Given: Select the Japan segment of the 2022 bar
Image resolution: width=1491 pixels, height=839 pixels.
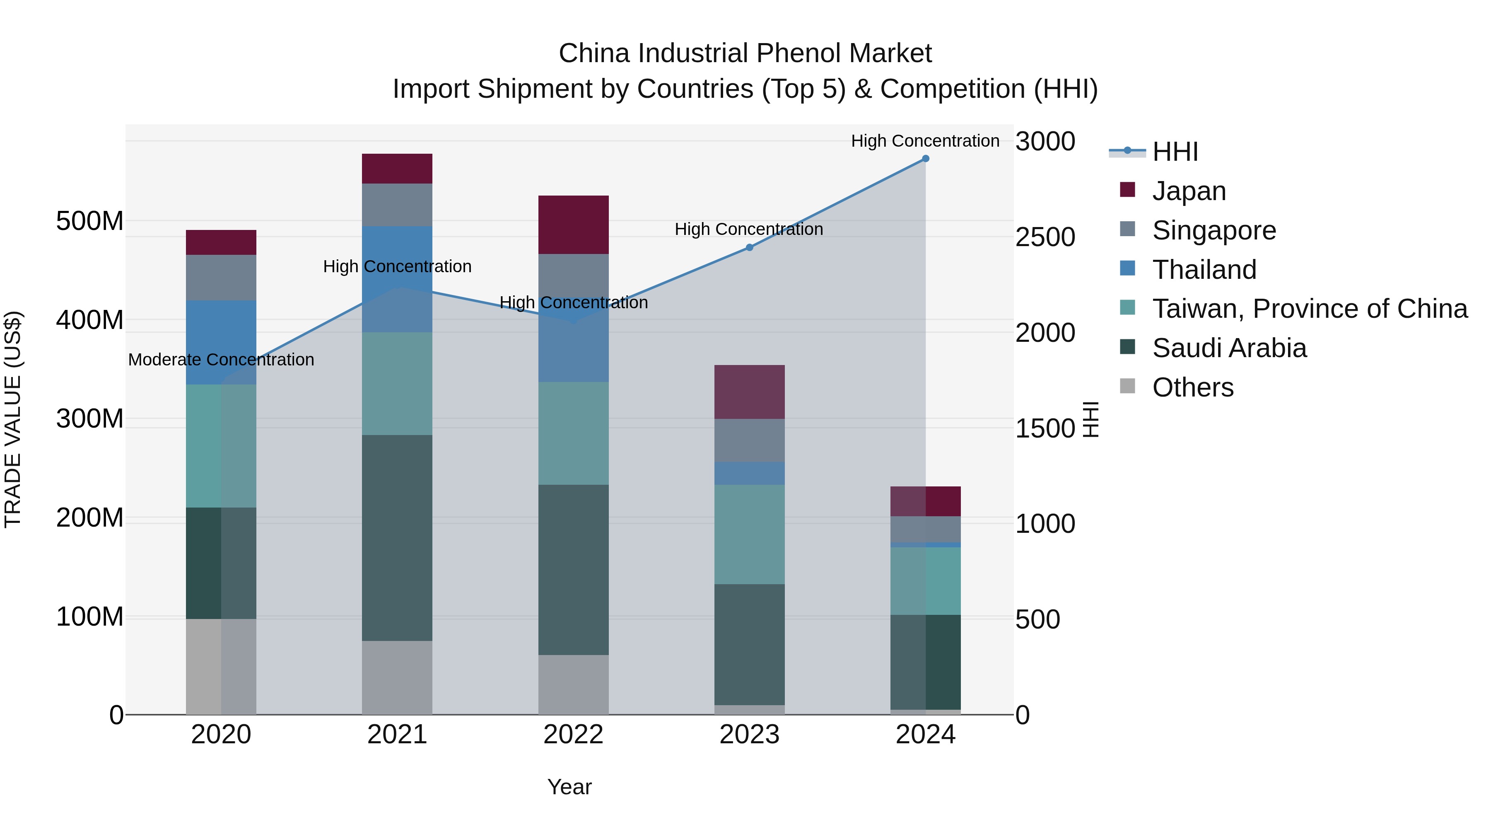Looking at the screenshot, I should [573, 225].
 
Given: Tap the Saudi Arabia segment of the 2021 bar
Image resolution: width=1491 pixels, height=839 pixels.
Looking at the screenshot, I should [397, 537].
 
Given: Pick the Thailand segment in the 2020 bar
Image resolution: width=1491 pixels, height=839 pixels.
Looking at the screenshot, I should [221, 342].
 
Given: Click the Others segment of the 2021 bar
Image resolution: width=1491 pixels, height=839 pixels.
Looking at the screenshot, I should [397, 677].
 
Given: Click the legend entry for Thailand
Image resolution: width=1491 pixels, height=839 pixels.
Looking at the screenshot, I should [1204, 270].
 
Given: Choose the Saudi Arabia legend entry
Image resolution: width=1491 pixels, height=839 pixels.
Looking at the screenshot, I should [1229, 348].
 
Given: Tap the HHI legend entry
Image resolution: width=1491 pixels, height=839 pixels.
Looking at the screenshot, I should [1175, 152].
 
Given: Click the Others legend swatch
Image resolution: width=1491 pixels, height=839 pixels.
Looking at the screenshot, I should [1127, 386].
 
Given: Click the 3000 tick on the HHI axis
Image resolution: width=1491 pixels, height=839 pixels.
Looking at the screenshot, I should [1045, 141].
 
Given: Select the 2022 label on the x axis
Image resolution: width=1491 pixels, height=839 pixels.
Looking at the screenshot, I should [573, 735].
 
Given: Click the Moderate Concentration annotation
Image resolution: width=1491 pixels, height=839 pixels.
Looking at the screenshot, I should [221, 360].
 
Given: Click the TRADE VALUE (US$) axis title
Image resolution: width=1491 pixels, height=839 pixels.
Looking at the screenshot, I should [13, 419].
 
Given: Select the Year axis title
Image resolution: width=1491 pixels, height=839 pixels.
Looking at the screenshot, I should [569, 787].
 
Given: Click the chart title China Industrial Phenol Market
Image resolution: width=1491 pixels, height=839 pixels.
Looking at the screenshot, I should [745, 53].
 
